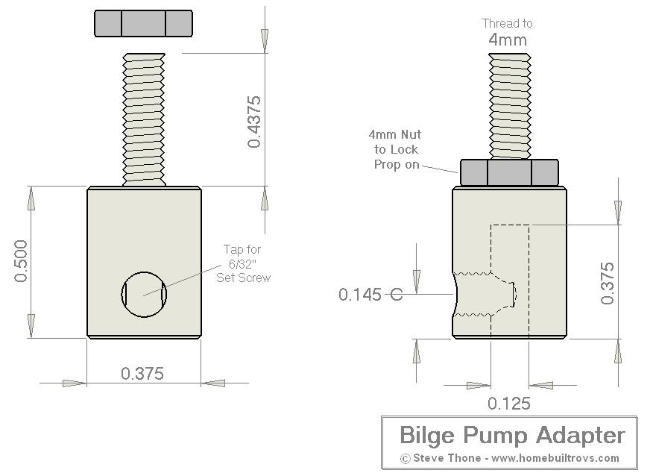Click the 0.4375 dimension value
pyautogui.click(x=254, y=122)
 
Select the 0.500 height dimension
pyautogui.click(x=21, y=261)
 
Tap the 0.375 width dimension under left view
pyautogui.click(x=142, y=373)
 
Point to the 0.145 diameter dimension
pyautogui.click(x=360, y=295)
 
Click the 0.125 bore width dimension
pyautogui.click(x=509, y=404)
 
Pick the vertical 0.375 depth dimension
pyautogui.click(x=608, y=284)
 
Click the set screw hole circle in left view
pyautogui.click(x=144, y=294)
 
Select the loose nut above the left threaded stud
pyautogui.click(x=143, y=23)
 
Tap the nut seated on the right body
pyautogui.click(x=510, y=172)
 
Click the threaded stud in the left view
pyautogui.click(x=144, y=119)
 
